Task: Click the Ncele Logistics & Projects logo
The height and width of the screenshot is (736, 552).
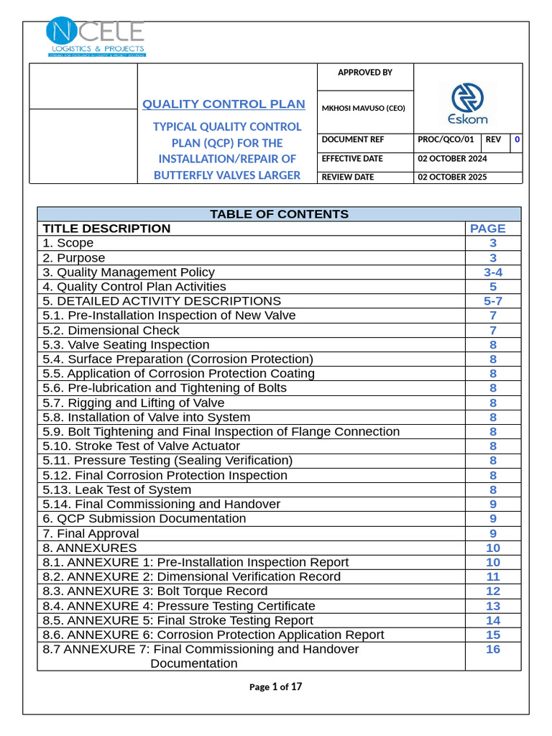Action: (96, 37)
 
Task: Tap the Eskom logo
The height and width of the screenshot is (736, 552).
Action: (468, 103)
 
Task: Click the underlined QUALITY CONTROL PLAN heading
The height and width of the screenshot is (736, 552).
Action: (224, 104)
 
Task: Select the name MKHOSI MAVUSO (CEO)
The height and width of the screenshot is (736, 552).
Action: (364, 109)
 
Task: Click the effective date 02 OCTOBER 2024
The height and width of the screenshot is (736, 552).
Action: (452, 159)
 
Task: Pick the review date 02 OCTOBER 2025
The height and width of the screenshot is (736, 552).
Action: (452, 177)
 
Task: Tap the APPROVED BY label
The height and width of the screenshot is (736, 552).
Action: (365, 73)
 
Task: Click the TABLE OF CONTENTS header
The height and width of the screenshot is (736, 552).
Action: (279, 214)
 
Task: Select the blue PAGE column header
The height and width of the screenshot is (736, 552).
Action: (487, 229)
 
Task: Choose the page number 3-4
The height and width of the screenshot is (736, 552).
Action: (493, 272)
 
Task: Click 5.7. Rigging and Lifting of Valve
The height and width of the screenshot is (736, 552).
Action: (134, 403)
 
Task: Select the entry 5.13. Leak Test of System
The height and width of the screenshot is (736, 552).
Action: (117, 490)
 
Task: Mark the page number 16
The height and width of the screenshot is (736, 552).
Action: (493, 649)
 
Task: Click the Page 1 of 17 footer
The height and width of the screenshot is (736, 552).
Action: (275, 687)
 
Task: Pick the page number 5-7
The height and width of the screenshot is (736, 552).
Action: (493, 301)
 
